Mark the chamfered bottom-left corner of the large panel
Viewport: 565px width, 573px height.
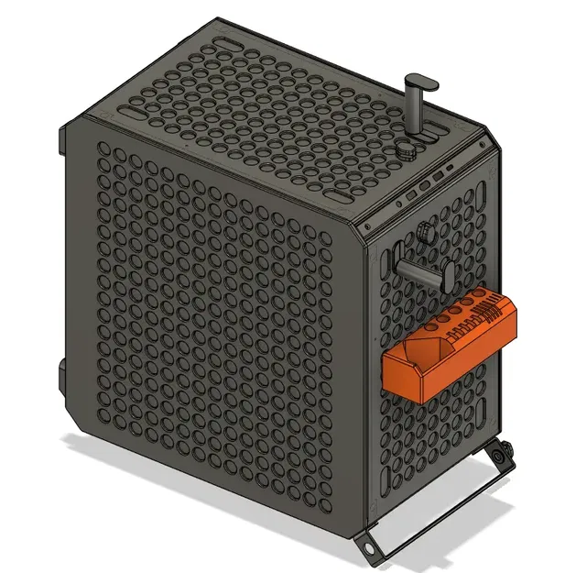tap(71, 409)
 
